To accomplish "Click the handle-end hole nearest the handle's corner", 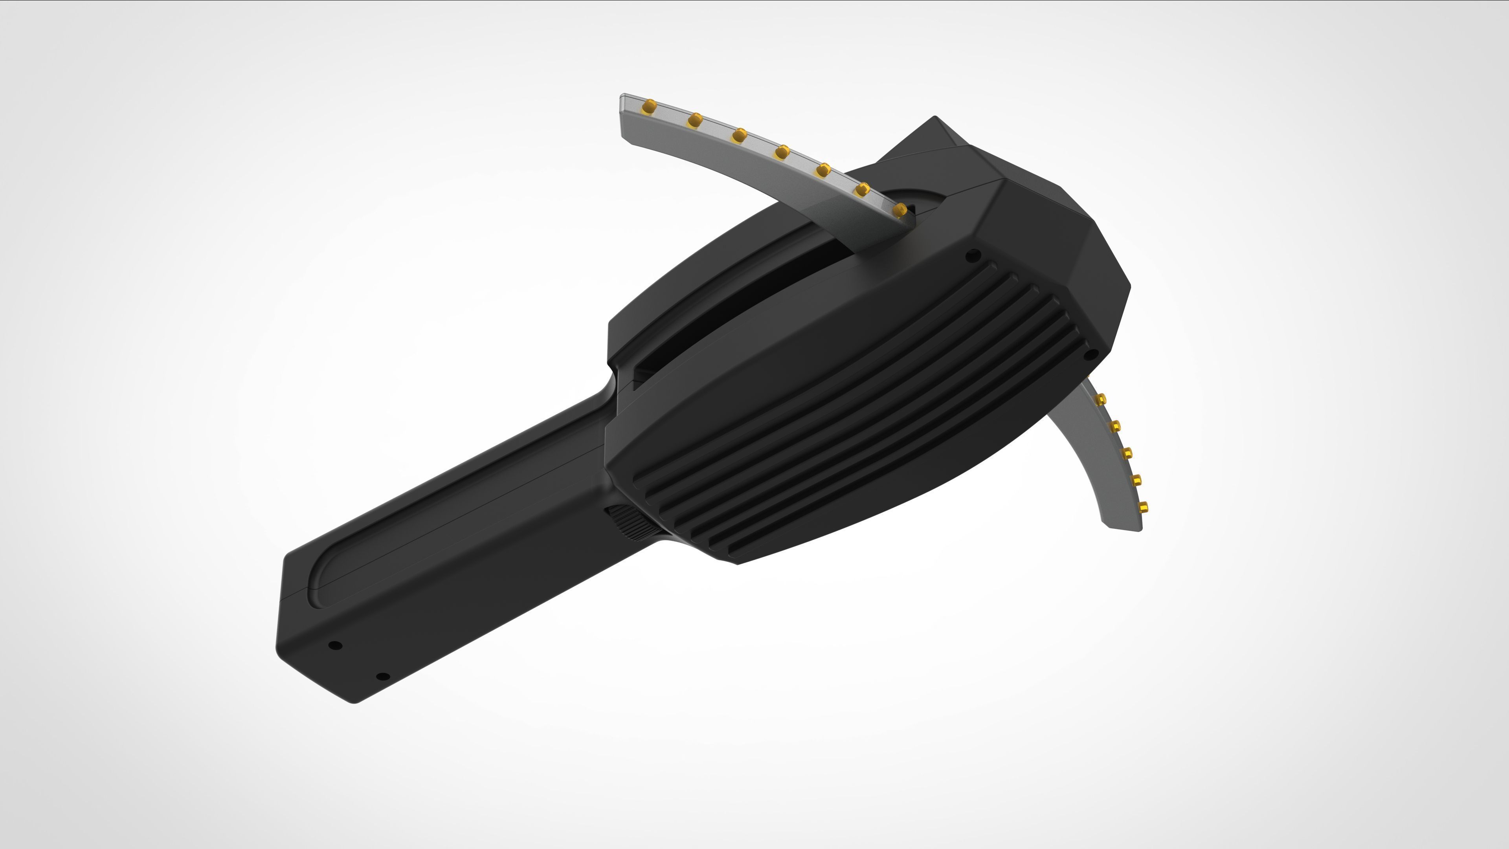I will pyautogui.click(x=335, y=645).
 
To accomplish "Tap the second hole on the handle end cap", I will pyautogui.click(x=382, y=677).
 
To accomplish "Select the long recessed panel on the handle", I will pyautogui.click(x=457, y=504).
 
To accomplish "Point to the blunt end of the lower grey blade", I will pyautogui.click(x=1123, y=525).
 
